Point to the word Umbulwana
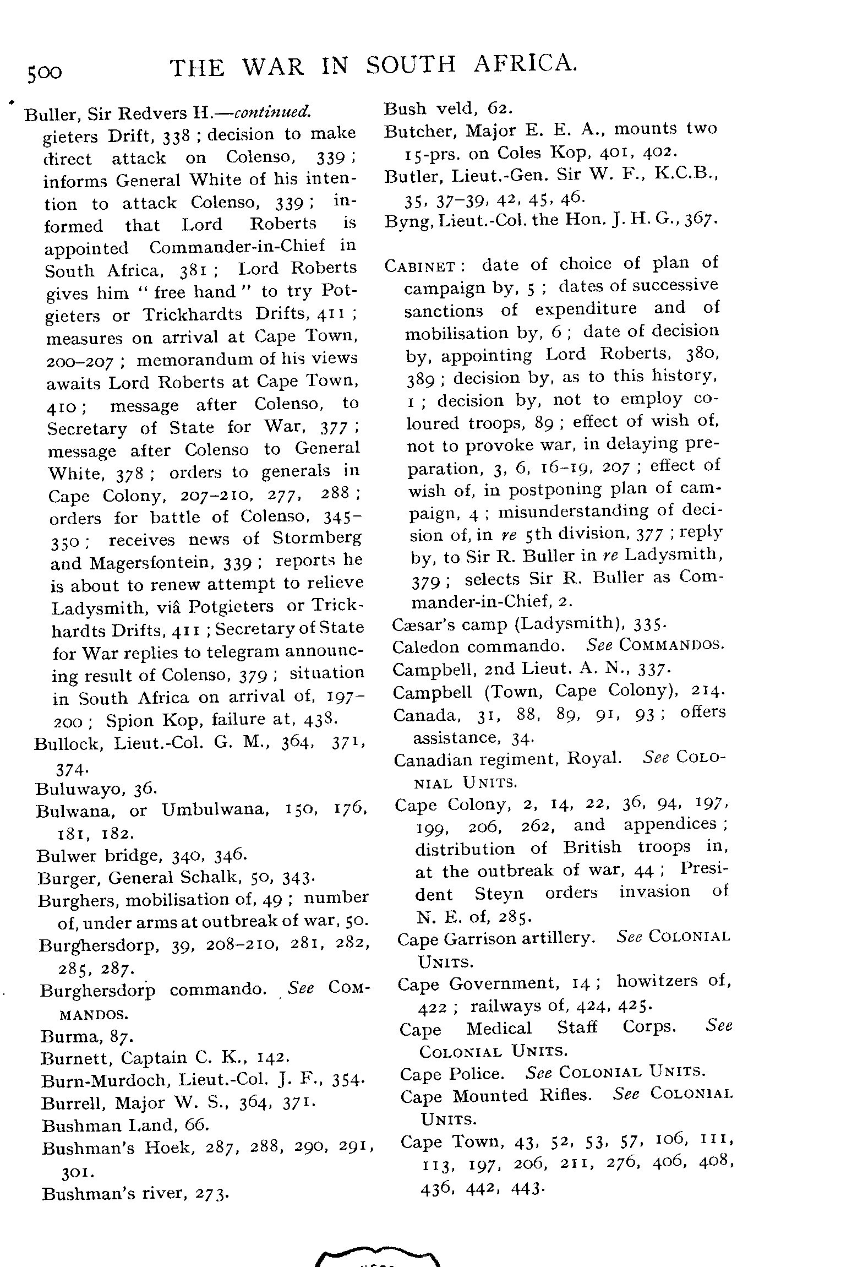[x=215, y=811]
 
